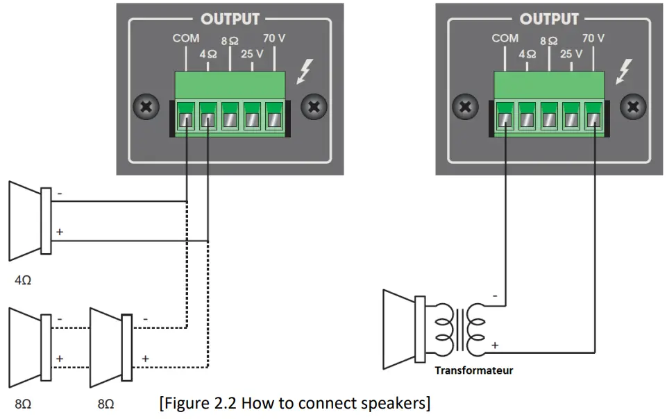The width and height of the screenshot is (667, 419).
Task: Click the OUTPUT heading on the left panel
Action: point(230,19)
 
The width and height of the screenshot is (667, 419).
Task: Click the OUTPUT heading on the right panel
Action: point(549,19)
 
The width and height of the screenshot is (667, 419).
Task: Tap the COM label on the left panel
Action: point(185,39)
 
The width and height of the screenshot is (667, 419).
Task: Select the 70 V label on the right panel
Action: point(593,39)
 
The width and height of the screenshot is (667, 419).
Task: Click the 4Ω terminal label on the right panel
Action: point(527,53)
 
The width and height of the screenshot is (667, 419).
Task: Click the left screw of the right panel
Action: point(464,108)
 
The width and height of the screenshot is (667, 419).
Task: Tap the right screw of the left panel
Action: point(314,108)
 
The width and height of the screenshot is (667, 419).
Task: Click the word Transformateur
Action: point(474,370)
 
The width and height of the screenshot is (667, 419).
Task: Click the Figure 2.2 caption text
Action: point(294,403)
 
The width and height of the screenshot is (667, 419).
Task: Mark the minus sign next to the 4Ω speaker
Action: point(60,194)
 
